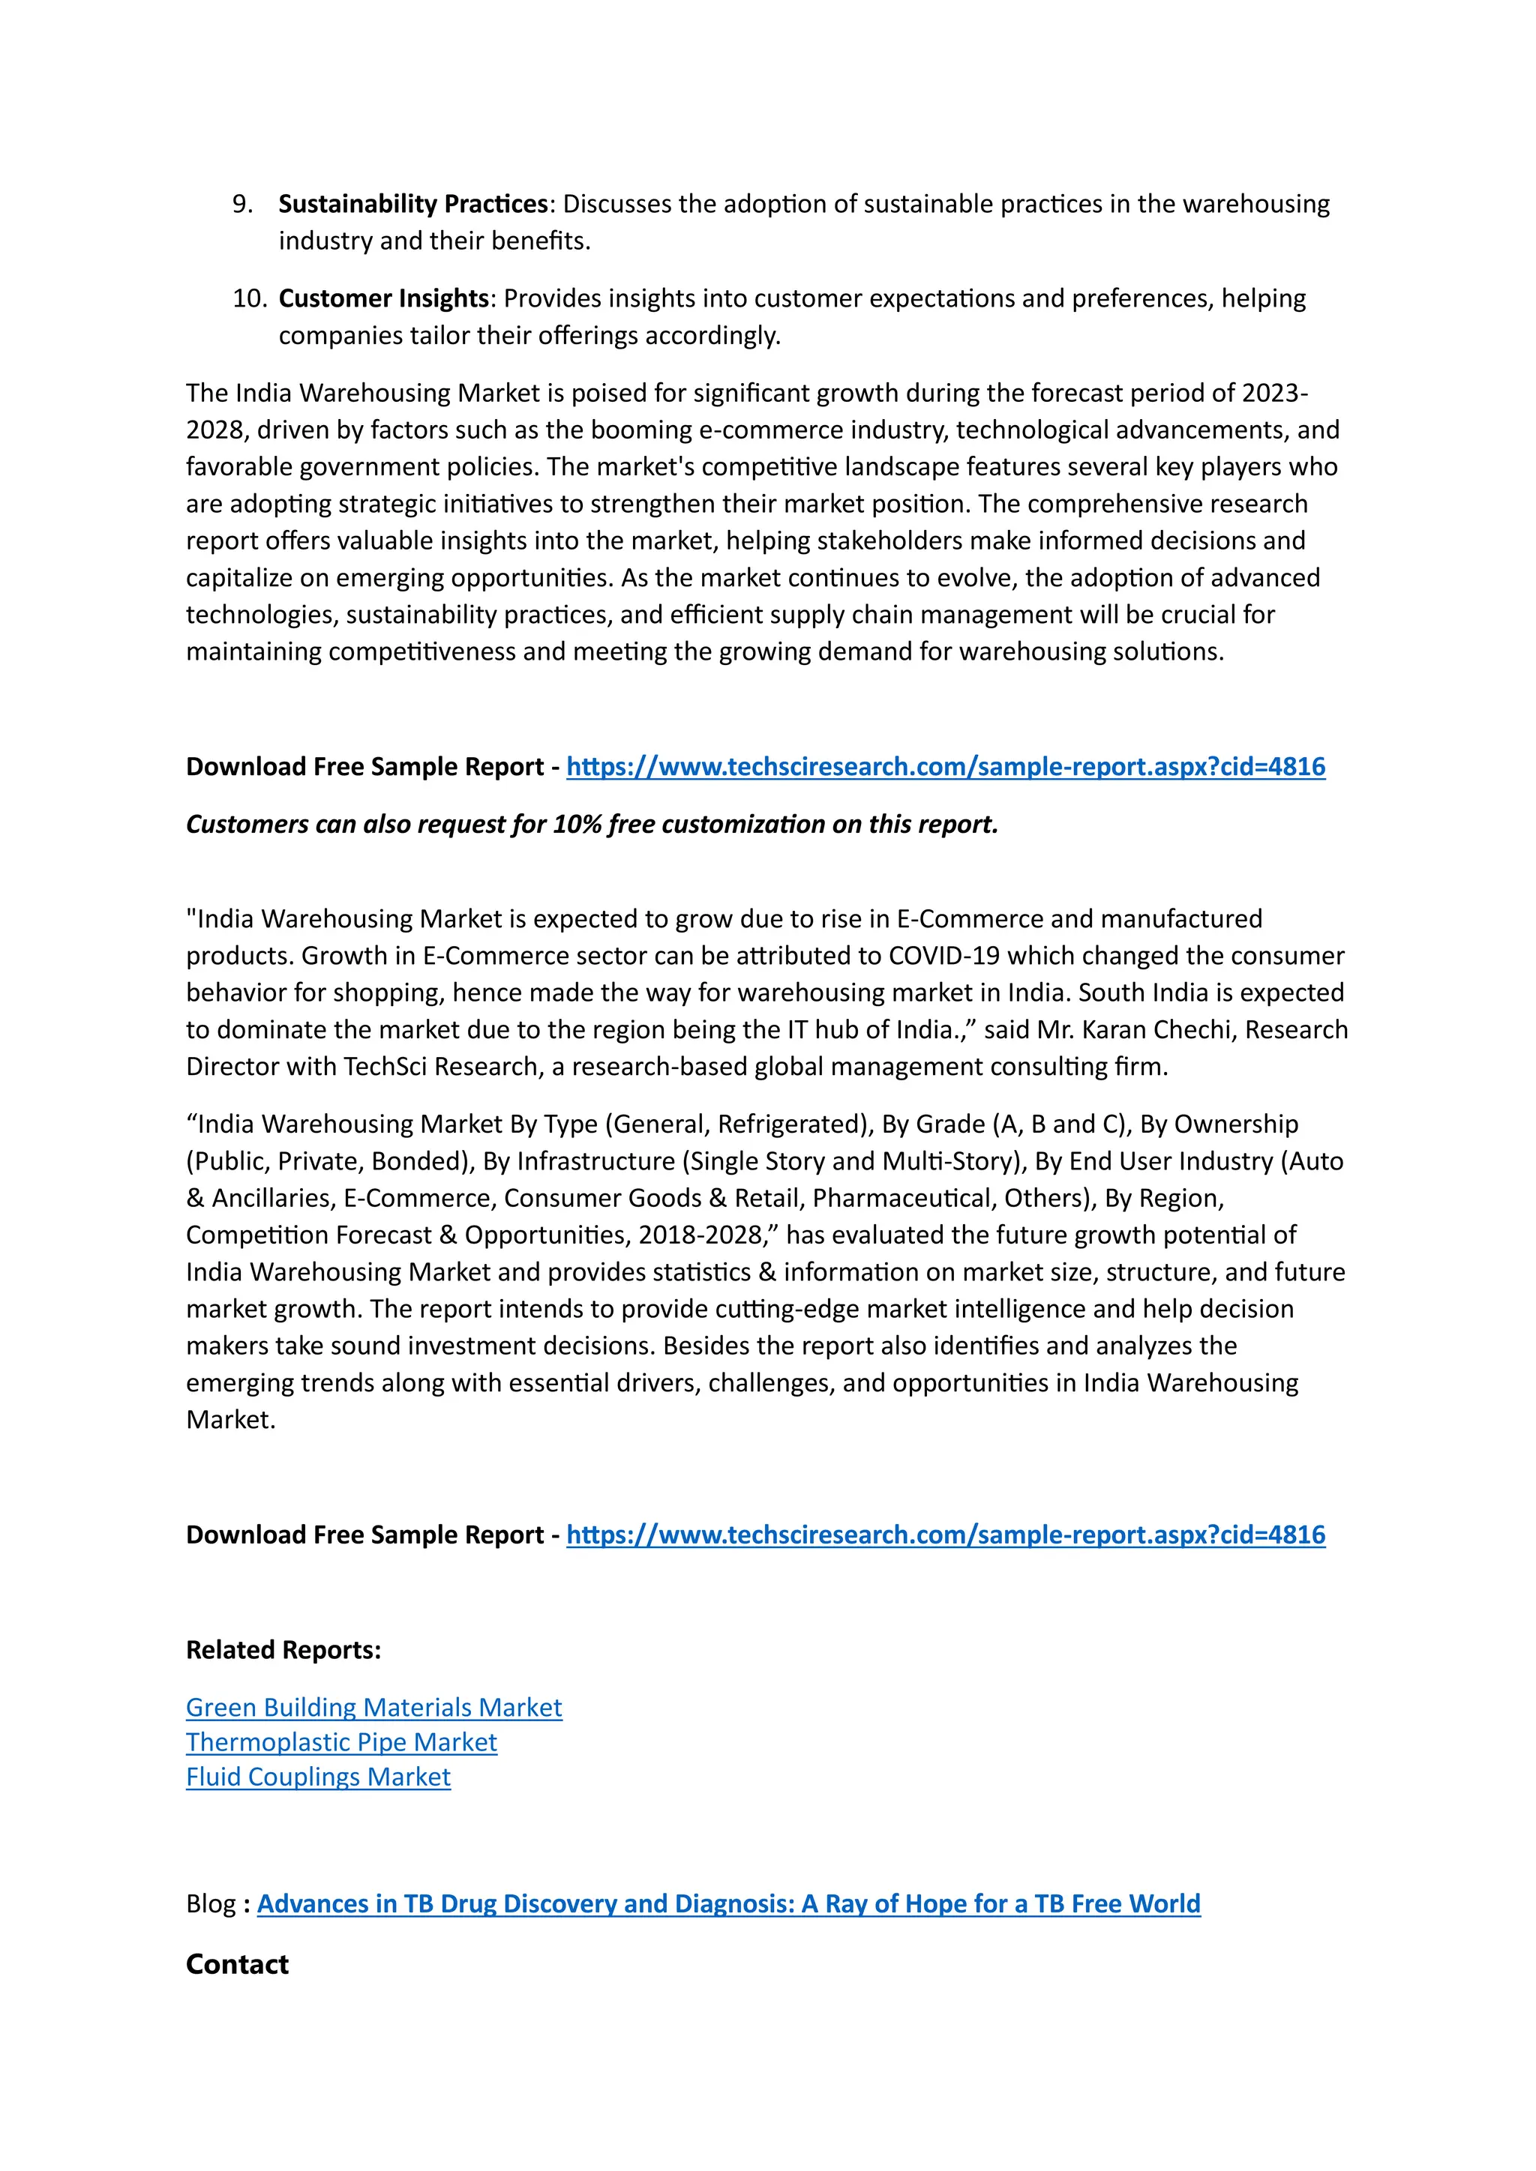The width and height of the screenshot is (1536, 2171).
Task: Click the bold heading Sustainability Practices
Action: [x=412, y=204]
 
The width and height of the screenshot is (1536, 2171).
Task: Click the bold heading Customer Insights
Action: [x=383, y=299]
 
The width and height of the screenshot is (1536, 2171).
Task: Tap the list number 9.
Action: [x=242, y=204]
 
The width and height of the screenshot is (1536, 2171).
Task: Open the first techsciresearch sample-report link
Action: [x=945, y=767]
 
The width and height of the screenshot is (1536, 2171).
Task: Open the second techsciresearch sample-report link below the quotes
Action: [x=945, y=1535]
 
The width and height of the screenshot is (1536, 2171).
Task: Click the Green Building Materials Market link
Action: [x=373, y=1708]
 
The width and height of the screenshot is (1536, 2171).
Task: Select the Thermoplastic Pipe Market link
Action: [x=340, y=1743]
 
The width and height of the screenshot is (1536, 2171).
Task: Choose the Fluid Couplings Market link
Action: [x=318, y=1777]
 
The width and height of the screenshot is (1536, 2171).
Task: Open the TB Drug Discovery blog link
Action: [x=728, y=1904]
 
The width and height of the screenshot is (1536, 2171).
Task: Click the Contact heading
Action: [x=238, y=1965]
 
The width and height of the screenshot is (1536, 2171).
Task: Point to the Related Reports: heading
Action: [x=283, y=1650]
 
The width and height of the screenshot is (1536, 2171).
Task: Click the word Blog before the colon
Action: [x=210, y=1904]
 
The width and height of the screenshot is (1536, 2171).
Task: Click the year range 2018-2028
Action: [x=699, y=1236]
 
